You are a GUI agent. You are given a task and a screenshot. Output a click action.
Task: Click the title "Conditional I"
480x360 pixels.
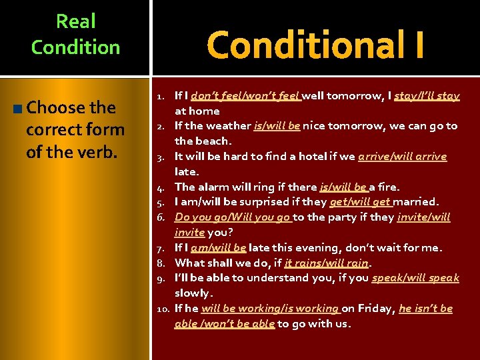click(x=315, y=45)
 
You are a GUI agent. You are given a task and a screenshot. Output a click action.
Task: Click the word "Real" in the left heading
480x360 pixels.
click(x=76, y=21)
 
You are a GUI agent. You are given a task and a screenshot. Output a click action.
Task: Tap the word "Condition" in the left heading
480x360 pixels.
click(x=76, y=47)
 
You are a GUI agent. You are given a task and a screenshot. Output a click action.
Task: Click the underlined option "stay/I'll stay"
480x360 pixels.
click(x=427, y=96)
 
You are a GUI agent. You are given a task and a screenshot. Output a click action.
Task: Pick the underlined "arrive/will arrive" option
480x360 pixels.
click(x=402, y=156)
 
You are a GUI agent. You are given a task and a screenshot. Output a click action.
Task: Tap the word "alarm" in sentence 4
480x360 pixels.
click(x=213, y=187)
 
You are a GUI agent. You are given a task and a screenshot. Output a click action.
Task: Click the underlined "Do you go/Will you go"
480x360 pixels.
click(x=232, y=217)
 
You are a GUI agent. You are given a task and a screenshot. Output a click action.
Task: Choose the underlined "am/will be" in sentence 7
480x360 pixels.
click(x=218, y=247)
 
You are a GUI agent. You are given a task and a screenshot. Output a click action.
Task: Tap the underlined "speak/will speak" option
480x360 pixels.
click(x=415, y=277)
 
